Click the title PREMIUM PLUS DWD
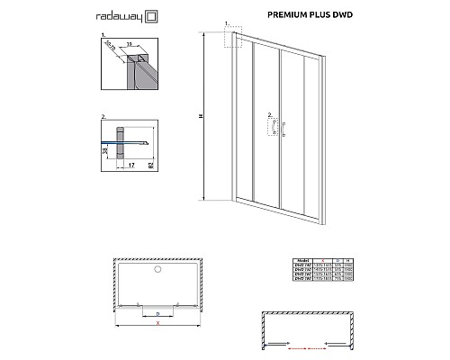tap(307, 15)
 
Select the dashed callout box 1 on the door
tap(237, 37)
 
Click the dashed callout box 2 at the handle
tap(271, 127)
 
